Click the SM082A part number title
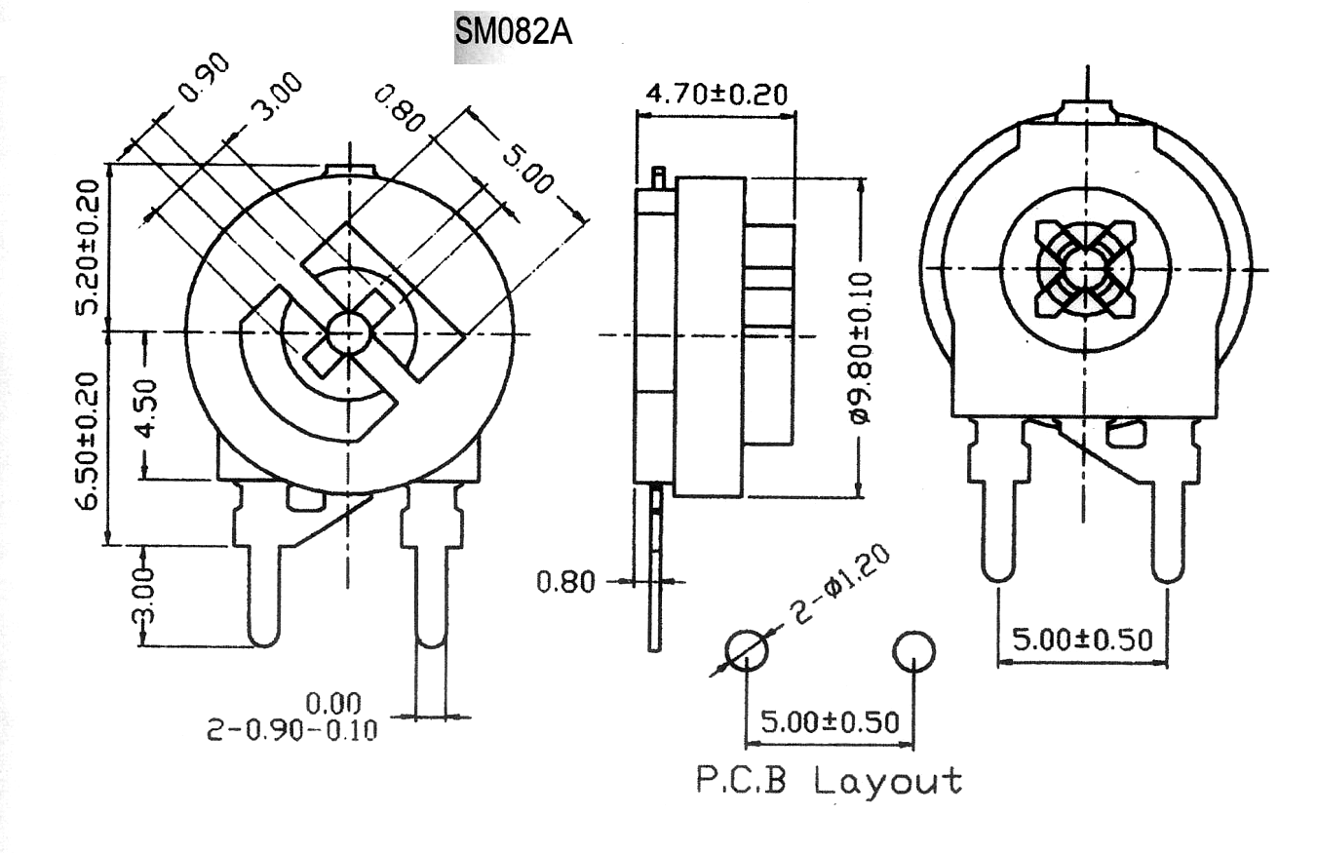(514, 32)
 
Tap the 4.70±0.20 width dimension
(717, 95)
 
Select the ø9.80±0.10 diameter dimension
(860, 348)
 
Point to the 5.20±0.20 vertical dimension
(88, 247)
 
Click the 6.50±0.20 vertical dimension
(88, 441)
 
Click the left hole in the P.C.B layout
(747, 651)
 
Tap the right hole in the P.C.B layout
(913, 651)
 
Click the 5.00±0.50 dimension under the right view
(1082, 640)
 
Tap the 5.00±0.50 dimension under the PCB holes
(830, 722)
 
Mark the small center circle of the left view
(349, 333)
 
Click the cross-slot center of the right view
(1085, 269)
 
